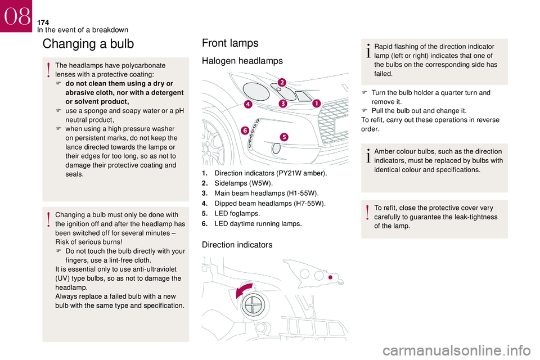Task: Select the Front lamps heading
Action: pos(229,43)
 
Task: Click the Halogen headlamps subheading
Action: pos(242,61)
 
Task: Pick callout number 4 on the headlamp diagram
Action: pos(248,104)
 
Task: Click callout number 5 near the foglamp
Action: pos(284,137)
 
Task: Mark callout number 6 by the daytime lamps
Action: pos(245,130)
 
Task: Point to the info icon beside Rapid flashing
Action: pos(368,51)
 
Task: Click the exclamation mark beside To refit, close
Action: pos(368,213)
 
